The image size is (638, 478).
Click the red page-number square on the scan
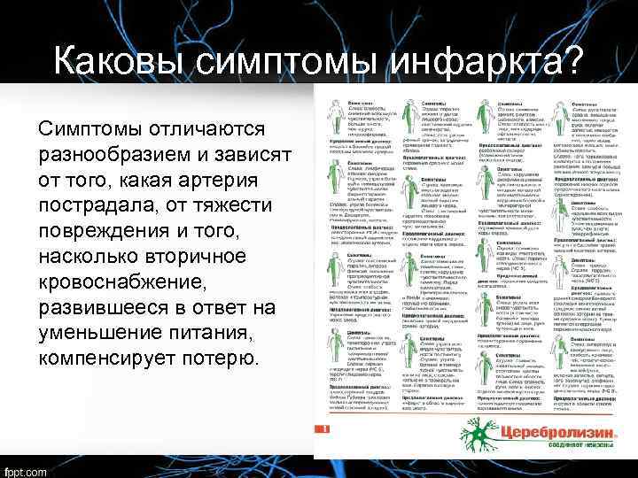coord(325,429)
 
